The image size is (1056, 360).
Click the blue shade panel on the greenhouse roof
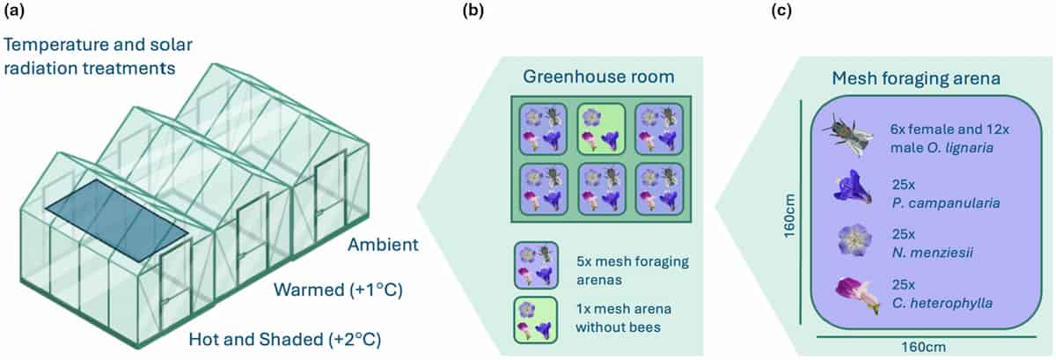[117, 221]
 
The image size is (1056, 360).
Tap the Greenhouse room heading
[598, 77]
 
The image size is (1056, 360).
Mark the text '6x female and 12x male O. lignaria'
[944, 138]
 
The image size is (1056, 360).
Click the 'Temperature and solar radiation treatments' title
[97, 55]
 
